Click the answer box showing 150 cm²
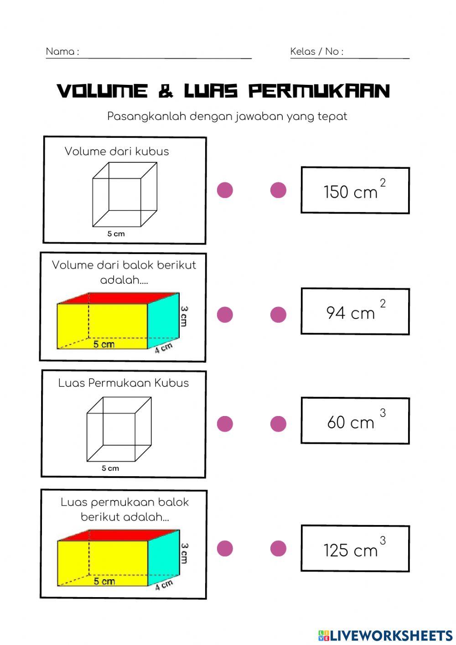coord(355,190)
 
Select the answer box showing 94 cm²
coord(355,311)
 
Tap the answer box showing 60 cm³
coord(355,421)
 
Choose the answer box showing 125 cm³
coord(355,548)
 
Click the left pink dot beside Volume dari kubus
coord(225,190)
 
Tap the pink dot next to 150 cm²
coord(278,190)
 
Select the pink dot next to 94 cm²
coord(278,314)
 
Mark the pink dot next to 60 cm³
coord(278,423)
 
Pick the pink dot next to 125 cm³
coord(278,548)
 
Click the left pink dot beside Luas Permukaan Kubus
coord(225,423)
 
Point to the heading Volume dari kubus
coord(117,151)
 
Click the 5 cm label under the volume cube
coord(116,234)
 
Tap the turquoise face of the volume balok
coord(163,321)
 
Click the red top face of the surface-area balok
coord(119,535)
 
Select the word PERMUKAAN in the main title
coord(319,91)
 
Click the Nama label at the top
coord(62,52)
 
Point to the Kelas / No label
coord(317,52)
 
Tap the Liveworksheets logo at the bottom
coord(385,635)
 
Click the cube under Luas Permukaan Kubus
coord(119,429)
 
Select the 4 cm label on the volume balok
coord(163,348)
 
